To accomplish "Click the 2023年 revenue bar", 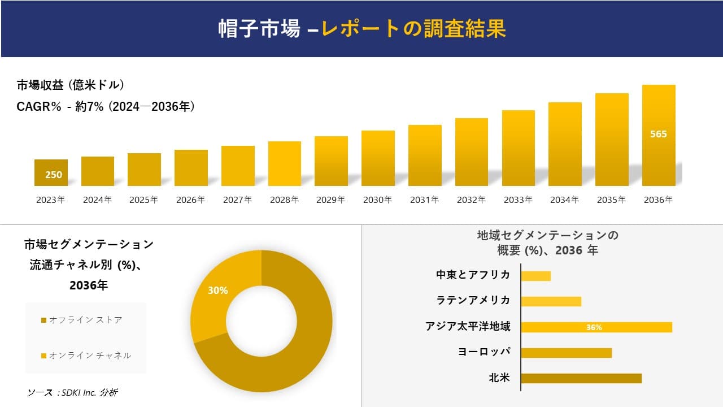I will tap(51, 172).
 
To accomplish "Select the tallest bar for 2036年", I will tap(659, 136).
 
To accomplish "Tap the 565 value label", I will tap(659, 134).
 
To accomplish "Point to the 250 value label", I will tap(54, 175).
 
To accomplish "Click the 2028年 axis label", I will tap(284, 200).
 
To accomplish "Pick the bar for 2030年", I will tap(378, 158).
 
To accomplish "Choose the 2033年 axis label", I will tap(518, 200).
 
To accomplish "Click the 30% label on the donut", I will tap(218, 291).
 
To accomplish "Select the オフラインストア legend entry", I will tap(82, 320).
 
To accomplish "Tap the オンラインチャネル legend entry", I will tap(86, 356).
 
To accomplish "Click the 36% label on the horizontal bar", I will tap(594, 327).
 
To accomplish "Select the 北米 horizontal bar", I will tap(581, 378).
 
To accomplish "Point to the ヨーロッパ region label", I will tap(484, 352).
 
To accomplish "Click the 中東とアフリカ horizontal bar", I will tap(535, 276).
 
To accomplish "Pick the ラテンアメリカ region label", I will tap(473, 300).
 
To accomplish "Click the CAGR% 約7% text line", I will tap(106, 106).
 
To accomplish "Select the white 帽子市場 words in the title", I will tap(259, 29).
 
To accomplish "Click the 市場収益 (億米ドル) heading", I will tap(70, 85).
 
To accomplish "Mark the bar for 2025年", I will tap(144, 170).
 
